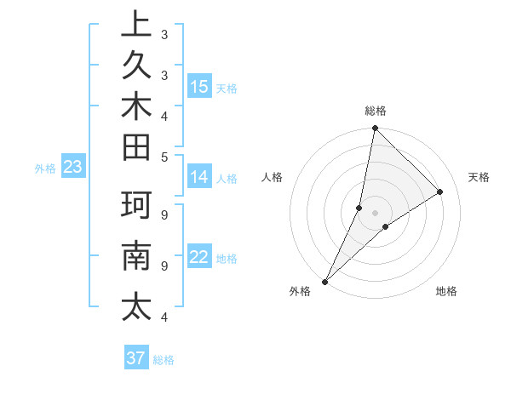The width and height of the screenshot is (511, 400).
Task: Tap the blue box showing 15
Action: [x=199, y=86]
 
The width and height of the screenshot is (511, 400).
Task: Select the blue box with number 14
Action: [x=199, y=177]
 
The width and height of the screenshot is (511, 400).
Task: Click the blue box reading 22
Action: [x=199, y=257]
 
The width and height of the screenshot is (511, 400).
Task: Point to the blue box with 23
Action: [x=72, y=168]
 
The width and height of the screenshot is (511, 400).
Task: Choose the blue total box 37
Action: [x=135, y=358]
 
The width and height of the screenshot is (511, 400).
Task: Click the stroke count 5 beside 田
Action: [x=164, y=157]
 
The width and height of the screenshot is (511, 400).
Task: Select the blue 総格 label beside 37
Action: [x=164, y=360]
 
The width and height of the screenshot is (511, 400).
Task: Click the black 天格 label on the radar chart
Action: [x=479, y=177]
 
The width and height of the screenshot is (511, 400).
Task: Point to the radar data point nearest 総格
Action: [x=375, y=129]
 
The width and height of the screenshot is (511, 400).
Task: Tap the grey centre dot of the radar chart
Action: [x=375, y=212]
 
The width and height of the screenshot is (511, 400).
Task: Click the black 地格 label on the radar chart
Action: [x=446, y=291]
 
